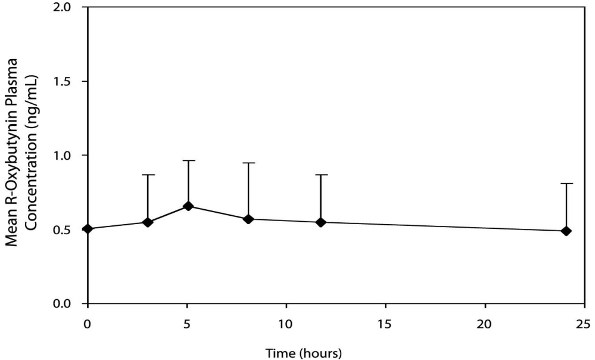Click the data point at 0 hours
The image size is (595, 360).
pos(88,229)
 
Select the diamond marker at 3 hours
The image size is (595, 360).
pos(148,222)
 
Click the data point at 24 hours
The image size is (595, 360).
pos(566,231)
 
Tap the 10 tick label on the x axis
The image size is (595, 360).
pos(286,323)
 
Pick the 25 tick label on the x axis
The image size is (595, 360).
pos(583,323)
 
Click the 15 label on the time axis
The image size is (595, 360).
pos(385,323)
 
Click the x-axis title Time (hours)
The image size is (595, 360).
pos(336,352)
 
